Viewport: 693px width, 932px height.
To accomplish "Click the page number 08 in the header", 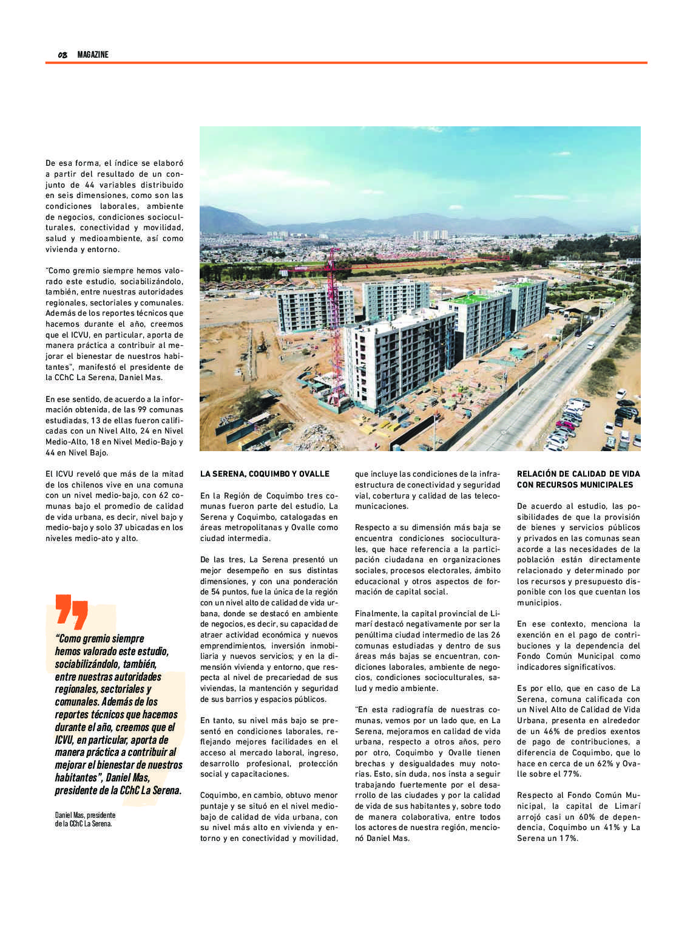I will coord(63,55).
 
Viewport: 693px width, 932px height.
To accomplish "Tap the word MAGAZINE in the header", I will coord(93,55).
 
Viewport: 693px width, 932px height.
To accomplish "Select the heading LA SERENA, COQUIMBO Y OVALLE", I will coord(265,474).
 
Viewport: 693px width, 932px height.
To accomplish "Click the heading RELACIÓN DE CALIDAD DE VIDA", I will coord(578,474).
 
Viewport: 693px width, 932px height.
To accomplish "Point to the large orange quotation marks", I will coord(72,610).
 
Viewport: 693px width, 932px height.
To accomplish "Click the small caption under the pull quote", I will coord(85,819).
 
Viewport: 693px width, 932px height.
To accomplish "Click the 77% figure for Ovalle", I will coord(573,774).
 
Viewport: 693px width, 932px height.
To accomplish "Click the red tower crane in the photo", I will coord(333,316).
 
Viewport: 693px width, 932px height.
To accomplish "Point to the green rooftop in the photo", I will coord(468,299).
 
